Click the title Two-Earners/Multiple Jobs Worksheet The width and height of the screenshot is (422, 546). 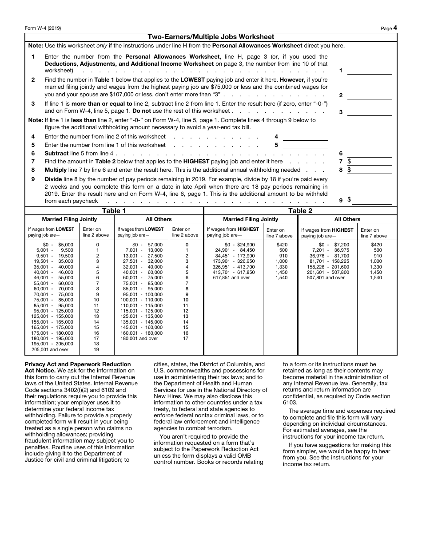click(211, 37)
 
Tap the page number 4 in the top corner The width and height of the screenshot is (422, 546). click(394, 28)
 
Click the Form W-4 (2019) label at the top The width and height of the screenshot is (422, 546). click(43, 28)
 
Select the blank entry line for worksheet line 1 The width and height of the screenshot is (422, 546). click(369, 71)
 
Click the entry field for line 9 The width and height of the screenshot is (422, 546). click(371, 200)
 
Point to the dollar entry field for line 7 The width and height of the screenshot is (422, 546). click(371, 162)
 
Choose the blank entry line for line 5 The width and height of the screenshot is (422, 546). click(305, 145)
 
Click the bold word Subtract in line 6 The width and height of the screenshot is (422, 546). click(56, 154)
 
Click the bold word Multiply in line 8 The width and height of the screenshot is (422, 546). click(56, 170)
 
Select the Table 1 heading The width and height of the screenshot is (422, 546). click(114, 211)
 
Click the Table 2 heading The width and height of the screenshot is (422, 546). click(300, 211)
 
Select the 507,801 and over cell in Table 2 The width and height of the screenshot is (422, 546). click(326, 278)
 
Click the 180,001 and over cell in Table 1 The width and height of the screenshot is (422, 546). click(139, 339)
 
